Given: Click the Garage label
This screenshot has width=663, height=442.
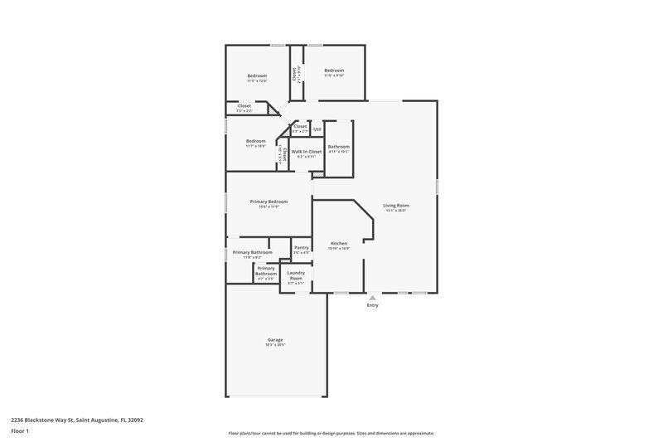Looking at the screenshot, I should pyautogui.click(x=275, y=340).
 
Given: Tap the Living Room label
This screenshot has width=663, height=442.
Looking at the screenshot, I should pyautogui.click(x=396, y=205).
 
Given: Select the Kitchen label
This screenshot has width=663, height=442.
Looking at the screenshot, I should pyautogui.click(x=339, y=243).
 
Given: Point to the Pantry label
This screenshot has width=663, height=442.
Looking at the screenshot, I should pyautogui.click(x=301, y=247).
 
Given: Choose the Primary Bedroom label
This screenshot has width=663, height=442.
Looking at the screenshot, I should pyautogui.click(x=269, y=202).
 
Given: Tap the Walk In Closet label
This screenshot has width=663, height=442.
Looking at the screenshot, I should pyautogui.click(x=306, y=152).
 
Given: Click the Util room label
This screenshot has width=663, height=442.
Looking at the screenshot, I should pyautogui.click(x=317, y=129).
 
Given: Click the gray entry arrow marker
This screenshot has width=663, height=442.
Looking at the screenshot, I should pyautogui.click(x=372, y=297).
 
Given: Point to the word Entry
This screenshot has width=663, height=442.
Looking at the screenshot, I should pyautogui.click(x=372, y=306).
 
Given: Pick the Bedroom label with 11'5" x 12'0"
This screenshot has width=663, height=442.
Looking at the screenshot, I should pyautogui.click(x=256, y=75).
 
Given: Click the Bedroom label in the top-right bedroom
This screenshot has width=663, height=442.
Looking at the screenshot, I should pyautogui.click(x=334, y=70).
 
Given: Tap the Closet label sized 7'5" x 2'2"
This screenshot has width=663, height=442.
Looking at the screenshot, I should pyautogui.click(x=244, y=106).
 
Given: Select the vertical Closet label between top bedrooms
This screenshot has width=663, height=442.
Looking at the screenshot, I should pyautogui.click(x=293, y=74).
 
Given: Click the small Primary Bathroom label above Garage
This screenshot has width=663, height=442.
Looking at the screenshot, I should pyautogui.click(x=265, y=271).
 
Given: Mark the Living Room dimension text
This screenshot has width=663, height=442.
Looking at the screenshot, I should pyautogui.click(x=396, y=211).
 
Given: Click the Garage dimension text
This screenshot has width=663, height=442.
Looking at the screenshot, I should pyautogui.click(x=275, y=345).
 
